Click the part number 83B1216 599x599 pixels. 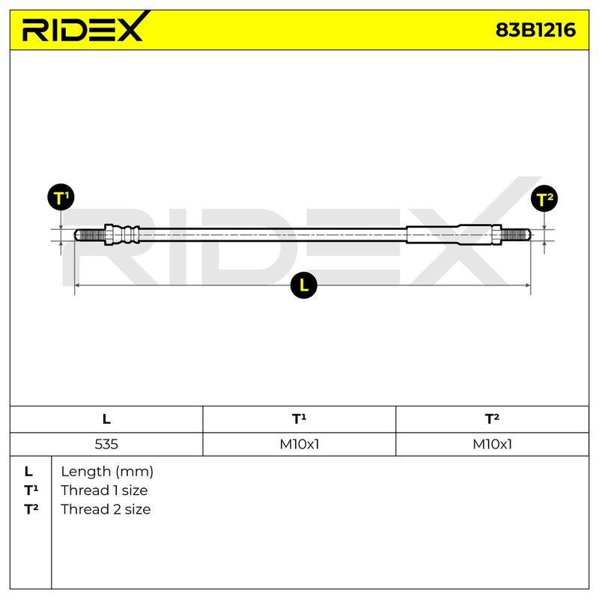coord(535,30)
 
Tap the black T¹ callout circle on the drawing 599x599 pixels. coord(61,198)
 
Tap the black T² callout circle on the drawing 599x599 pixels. coord(544,198)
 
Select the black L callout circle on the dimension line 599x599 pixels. coord(304,285)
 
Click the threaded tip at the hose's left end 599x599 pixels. coord(89,234)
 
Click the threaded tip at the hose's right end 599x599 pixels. coord(515,234)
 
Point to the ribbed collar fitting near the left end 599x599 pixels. coord(122,234)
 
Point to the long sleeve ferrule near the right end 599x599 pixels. coord(454,234)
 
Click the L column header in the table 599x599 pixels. coord(106,419)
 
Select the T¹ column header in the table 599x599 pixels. coord(299,419)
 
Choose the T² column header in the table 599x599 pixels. coord(492,419)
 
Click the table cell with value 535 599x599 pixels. coord(106,444)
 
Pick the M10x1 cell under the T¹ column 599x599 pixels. coord(299,444)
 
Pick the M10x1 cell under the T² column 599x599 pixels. coord(492,444)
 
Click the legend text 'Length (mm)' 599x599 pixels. coord(107,472)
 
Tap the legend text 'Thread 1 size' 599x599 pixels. coord(104,490)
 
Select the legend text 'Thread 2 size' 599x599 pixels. coord(106,509)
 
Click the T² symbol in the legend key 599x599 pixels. coord(31,509)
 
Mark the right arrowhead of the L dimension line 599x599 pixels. coord(528,285)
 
